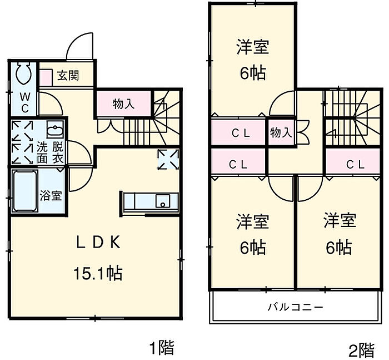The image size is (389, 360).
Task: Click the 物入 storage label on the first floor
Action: tap(123, 103)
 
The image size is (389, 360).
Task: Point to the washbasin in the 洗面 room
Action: tap(54, 131)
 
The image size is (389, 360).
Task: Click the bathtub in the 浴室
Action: tap(24, 190)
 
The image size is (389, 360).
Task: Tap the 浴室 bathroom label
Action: tap(51, 195)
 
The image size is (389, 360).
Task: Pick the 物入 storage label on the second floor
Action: tap(281, 132)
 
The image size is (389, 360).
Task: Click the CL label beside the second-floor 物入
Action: tap(240, 133)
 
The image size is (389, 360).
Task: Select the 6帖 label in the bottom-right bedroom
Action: tap(339, 246)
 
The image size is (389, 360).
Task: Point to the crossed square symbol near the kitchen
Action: tap(168, 159)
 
